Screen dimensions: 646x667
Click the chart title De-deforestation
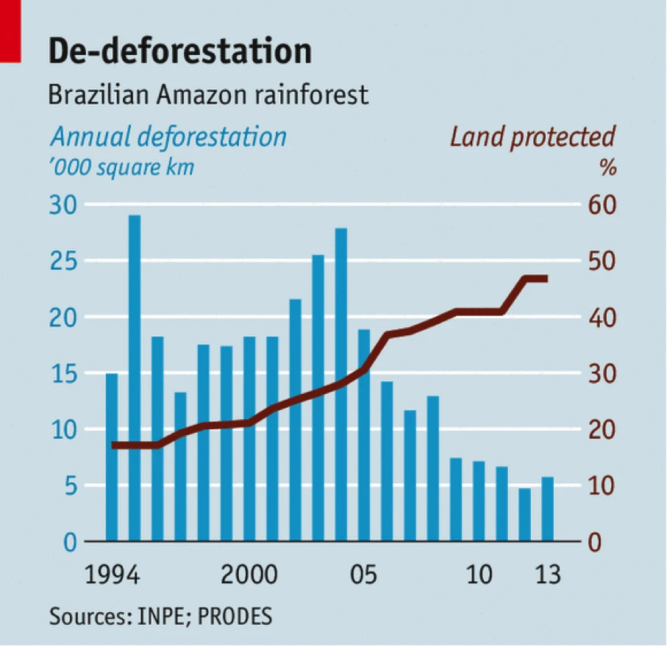[x=180, y=52]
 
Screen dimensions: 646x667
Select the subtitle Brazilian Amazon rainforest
[x=207, y=95]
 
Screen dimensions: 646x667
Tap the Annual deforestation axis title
[x=168, y=137]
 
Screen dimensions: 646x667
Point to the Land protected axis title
[x=532, y=137]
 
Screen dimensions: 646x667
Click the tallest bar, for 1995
[x=135, y=378]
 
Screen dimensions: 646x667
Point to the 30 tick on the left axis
[x=63, y=205]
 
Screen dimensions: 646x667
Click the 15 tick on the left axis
[x=63, y=373]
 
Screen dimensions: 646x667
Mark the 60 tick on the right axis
[x=602, y=205]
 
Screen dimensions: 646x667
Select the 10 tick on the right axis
[x=601, y=486]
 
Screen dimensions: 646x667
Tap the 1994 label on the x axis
[x=113, y=573]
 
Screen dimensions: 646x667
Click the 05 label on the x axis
[x=364, y=573]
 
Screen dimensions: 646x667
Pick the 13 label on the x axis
[x=547, y=573]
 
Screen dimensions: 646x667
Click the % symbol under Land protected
[x=607, y=167]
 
